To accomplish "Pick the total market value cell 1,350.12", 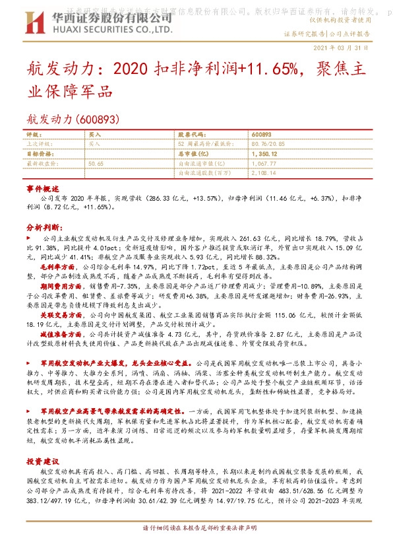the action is [x=264, y=153].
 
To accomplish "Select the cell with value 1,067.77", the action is [x=264, y=162].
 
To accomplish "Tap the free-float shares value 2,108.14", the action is [x=264, y=172].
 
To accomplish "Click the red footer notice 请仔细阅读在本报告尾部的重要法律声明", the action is [x=196, y=547].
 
